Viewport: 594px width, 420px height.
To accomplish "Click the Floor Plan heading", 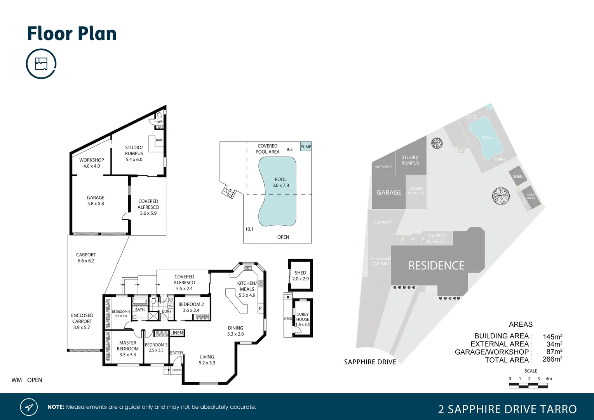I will [72, 34].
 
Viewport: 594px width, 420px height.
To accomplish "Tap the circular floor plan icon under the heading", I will [41, 64].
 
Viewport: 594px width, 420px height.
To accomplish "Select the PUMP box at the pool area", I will [306, 147].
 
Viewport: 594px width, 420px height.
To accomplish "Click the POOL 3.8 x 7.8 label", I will [280, 182].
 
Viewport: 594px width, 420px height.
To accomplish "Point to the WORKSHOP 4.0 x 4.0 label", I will [92, 163].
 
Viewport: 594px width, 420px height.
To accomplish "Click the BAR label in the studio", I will [159, 140].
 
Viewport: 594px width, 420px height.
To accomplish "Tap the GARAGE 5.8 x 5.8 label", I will [96, 201].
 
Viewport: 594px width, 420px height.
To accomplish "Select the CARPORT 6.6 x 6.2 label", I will [86, 258].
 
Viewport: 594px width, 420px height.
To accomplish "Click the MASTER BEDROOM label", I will [128, 348].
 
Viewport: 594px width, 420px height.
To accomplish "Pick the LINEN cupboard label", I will [176, 333].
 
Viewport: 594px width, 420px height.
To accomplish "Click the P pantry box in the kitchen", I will [260, 308].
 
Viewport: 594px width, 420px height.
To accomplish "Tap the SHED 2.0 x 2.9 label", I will [300, 276].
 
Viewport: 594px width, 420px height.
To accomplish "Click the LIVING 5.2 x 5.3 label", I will [207, 360].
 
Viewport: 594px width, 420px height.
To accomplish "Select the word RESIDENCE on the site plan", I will [436, 266].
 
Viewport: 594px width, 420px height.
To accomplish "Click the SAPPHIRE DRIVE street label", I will [370, 362].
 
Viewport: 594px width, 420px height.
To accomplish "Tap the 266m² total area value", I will [552, 360].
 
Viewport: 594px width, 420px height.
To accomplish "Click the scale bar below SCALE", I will [528, 385].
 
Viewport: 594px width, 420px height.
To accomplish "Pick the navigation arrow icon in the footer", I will [29, 407].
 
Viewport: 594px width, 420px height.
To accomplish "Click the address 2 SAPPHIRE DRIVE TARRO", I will [507, 409].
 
